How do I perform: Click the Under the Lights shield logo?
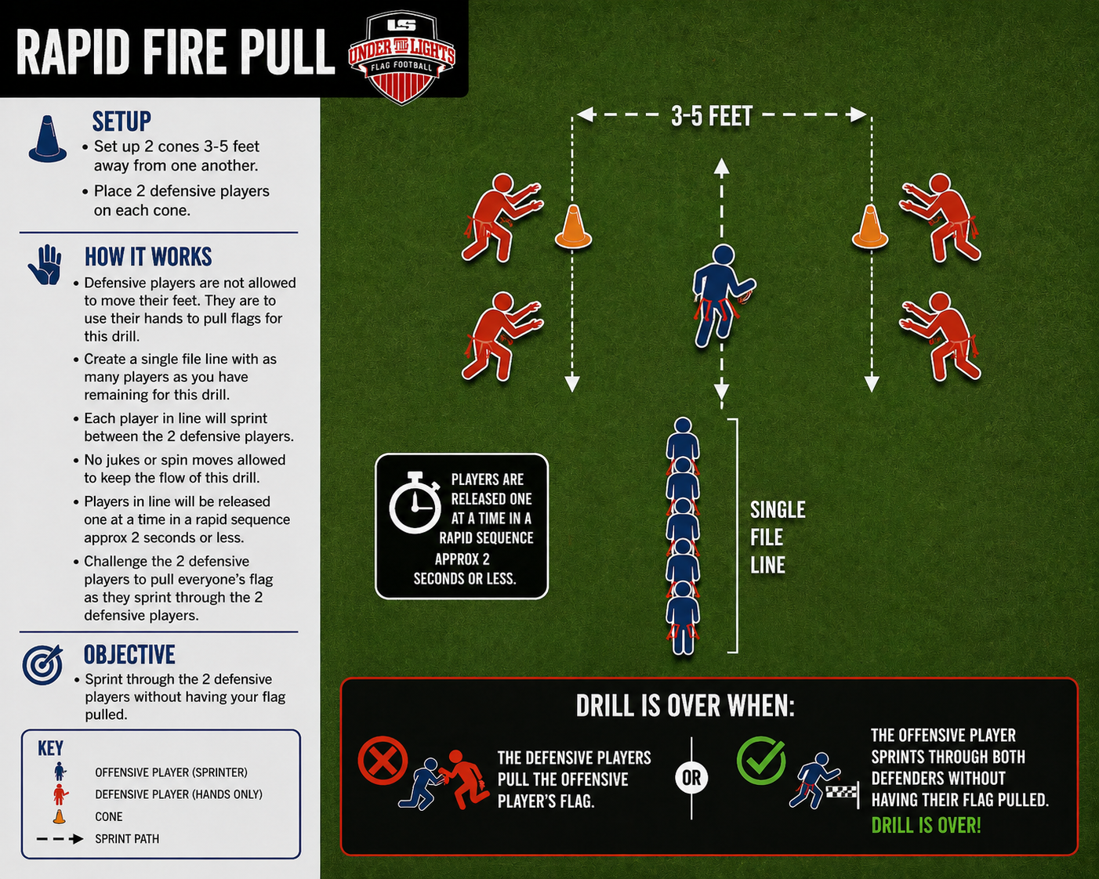401,57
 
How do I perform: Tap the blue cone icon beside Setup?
48,139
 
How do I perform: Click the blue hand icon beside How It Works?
45,265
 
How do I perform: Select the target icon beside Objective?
42,664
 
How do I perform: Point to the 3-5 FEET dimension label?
712,116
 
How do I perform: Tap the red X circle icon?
383,761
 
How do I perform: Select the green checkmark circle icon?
761,761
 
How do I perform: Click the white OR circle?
691,778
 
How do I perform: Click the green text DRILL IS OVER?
926,826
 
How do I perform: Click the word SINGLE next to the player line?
778,510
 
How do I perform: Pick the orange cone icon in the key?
60,816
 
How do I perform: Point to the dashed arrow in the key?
60,839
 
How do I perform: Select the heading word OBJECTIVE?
129,655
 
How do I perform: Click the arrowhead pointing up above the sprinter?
721,168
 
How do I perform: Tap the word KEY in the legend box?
50,748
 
